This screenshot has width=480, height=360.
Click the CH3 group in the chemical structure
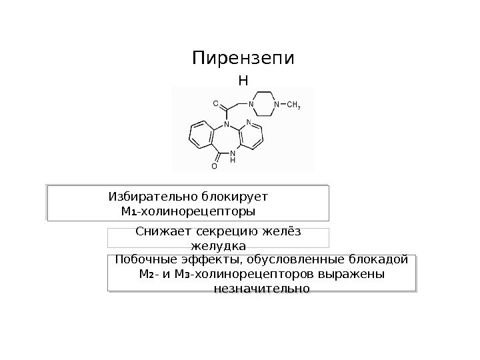(293, 104)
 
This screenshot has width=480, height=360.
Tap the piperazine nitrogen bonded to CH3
(277, 104)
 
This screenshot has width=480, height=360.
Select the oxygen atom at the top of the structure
(215, 104)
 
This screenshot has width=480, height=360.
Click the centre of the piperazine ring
(264, 104)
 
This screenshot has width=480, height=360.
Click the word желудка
(218, 247)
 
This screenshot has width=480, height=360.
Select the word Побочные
(141, 259)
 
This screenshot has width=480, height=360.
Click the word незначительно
(261, 289)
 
